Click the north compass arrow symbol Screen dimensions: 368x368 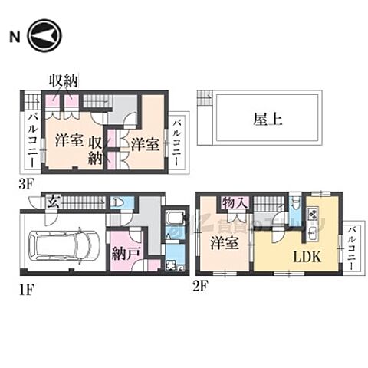(x=41, y=37)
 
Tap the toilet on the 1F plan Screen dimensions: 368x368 (x=118, y=203)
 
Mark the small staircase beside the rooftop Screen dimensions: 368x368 (x=204, y=97)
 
